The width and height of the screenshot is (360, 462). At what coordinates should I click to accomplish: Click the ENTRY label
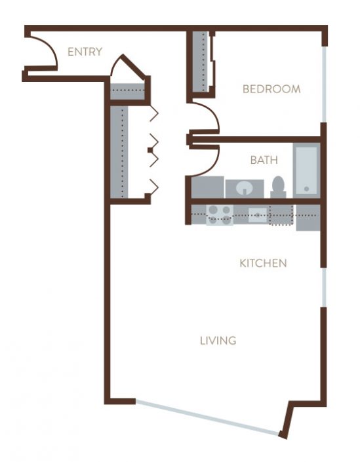click(85, 52)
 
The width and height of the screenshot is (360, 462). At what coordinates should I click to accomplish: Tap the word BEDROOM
click(271, 89)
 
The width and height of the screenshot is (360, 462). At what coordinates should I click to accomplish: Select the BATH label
click(264, 160)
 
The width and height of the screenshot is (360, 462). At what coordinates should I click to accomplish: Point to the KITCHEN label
click(263, 263)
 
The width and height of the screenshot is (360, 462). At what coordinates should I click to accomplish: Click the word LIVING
click(218, 341)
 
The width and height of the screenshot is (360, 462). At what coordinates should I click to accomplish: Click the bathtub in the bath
click(306, 170)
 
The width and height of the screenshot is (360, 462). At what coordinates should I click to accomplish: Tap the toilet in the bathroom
click(278, 187)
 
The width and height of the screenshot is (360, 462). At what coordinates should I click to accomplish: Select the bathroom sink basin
click(245, 189)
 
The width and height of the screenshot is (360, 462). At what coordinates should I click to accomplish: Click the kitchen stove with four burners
click(220, 215)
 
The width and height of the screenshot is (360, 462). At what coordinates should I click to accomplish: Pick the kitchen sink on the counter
click(257, 215)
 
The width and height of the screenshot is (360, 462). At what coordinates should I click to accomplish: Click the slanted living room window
click(207, 416)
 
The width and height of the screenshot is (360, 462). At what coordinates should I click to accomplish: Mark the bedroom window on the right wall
click(323, 83)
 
